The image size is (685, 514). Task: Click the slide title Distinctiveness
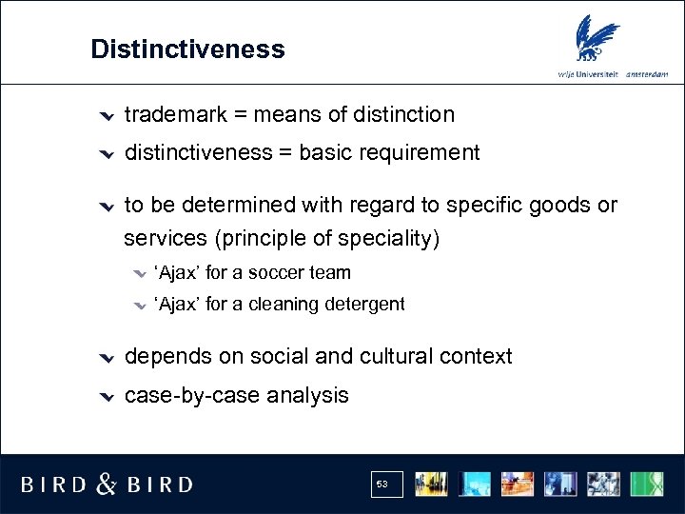(x=187, y=49)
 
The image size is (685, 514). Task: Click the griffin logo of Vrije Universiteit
(x=597, y=40)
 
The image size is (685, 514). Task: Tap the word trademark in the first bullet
(x=175, y=115)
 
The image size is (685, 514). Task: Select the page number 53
(x=382, y=484)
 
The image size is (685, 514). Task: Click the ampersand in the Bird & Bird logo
(x=107, y=484)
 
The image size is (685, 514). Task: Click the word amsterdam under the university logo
(x=647, y=74)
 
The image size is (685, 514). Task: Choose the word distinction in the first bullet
(x=403, y=115)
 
